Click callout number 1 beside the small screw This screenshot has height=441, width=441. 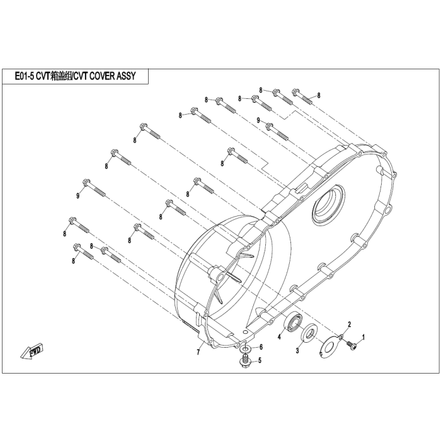363,336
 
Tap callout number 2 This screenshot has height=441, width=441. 349,324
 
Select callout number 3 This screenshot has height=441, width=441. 297,350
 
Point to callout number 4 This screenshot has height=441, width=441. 279,336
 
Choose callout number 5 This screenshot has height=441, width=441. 260,360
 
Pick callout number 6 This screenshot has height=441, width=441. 261,347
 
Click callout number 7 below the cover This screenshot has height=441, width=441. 198,352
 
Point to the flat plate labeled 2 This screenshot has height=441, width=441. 331,346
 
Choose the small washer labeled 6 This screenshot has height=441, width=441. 246,349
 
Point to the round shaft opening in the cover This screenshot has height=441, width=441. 328,203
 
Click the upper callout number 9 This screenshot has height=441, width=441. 258,120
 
